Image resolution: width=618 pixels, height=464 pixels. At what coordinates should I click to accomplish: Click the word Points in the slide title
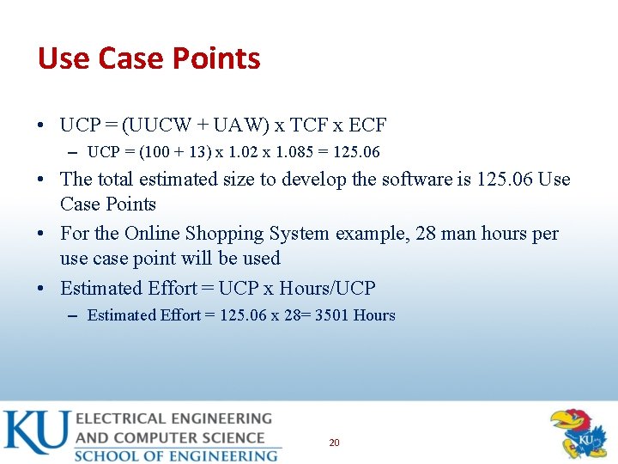coord(217,58)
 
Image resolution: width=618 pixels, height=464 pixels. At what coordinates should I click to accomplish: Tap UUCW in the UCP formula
coord(161,125)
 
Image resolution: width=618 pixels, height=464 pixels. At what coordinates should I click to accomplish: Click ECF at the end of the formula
coord(367,125)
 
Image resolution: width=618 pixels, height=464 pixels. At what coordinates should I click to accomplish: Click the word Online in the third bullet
coord(151,234)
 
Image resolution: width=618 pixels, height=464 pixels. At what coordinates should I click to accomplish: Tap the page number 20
coord(334,443)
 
